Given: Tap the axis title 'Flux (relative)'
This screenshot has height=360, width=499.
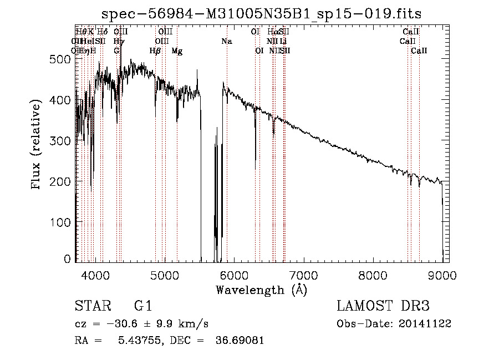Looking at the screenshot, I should tap(37, 145).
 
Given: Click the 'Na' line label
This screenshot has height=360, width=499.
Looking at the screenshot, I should tap(226, 42).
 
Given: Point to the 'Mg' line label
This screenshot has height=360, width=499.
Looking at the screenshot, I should tap(177, 51).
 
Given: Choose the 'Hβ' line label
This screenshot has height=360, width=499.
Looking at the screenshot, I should tap(155, 51).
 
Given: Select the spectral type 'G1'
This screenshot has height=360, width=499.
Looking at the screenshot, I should tap(143, 306).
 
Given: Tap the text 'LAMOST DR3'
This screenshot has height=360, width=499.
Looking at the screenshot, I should tap(383, 306).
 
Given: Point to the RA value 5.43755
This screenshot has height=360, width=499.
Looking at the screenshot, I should tap(136, 341).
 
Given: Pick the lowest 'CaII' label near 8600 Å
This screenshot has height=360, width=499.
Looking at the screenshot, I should tap(419, 51).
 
